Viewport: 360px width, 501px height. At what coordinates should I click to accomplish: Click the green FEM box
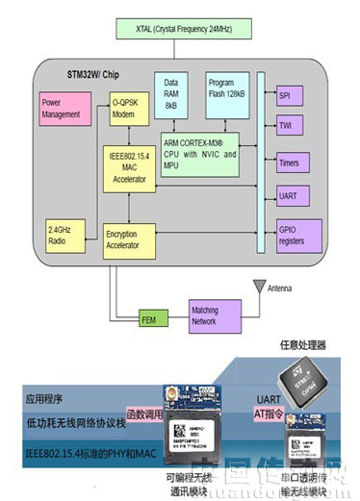(149, 317)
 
